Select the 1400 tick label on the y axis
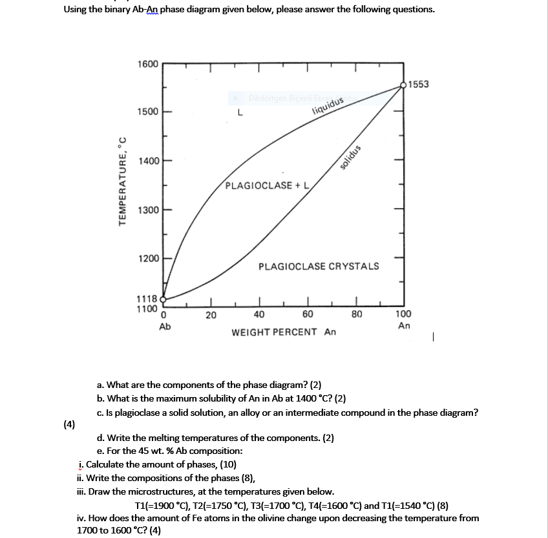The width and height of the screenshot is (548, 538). (x=147, y=160)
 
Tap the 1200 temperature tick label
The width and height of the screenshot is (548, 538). (x=147, y=259)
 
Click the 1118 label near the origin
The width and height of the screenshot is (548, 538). (x=146, y=299)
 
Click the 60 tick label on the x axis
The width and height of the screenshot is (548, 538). (x=308, y=315)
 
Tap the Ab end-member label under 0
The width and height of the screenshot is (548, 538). (x=165, y=327)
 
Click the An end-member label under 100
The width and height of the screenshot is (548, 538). (x=404, y=326)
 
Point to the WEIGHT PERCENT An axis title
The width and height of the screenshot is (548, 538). (x=284, y=332)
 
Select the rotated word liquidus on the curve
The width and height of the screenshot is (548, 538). (x=326, y=102)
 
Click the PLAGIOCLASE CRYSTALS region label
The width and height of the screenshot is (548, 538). (x=319, y=266)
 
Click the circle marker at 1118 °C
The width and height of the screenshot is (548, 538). (x=163, y=299)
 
